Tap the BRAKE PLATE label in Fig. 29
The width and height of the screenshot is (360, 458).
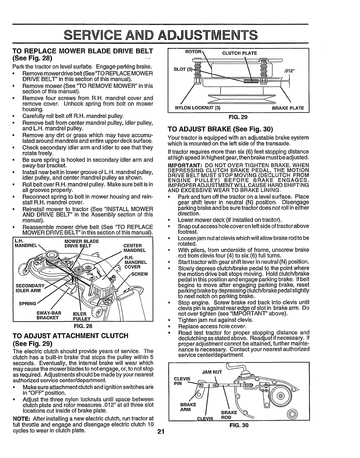(x=288, y=108)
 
